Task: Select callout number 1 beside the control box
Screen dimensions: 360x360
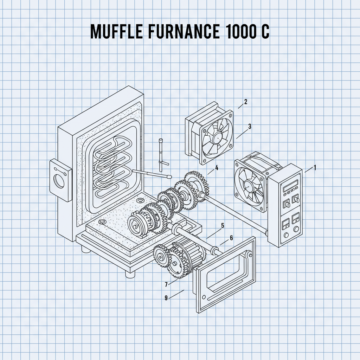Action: tap(315, 168)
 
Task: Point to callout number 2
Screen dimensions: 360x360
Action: tap(245, 102)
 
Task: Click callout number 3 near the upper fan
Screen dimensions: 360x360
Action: tap(250, 127)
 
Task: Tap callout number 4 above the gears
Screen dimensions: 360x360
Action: tap(217, 168)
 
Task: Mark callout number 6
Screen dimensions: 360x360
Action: tap(231, 238)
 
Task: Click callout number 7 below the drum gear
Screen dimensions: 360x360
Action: tap(166, 284)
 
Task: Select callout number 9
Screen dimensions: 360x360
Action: tap(166, 298)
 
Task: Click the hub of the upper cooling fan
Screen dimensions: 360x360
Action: tap(217, 138)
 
